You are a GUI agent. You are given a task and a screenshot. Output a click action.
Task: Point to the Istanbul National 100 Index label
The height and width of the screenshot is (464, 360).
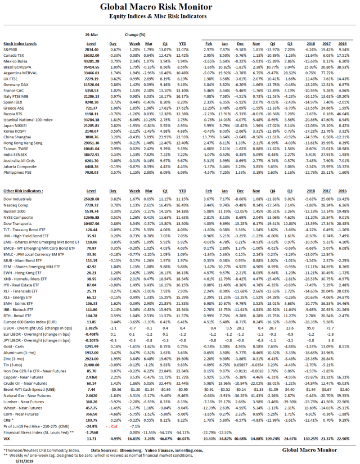click(28, 120)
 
